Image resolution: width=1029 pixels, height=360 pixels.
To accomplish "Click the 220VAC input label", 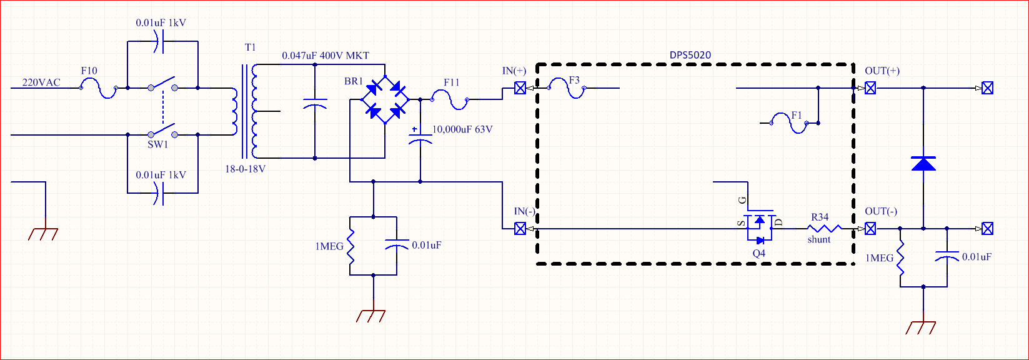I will tap(41, 82).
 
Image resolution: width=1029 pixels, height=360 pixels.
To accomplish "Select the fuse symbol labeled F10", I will tap(99, 89).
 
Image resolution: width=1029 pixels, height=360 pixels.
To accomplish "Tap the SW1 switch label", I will tap(158, 144).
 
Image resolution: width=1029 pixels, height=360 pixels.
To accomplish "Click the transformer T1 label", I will tap(250, 47).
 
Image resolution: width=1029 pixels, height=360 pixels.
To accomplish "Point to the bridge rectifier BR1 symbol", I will tap(385, 99).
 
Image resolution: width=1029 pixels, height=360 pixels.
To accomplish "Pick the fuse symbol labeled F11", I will tap(451, 99).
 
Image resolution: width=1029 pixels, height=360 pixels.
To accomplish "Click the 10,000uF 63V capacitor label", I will tap(462, 130).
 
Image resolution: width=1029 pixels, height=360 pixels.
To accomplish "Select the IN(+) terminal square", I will tap(520, 89).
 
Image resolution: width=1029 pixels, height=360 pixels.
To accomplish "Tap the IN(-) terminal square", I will tap(520, 229).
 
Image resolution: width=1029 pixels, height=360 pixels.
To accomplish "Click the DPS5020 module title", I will tap(690, 56).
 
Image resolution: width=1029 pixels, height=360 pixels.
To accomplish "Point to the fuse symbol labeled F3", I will tap(567, 89).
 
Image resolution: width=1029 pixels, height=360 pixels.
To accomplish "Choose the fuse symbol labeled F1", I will tap(789, 122).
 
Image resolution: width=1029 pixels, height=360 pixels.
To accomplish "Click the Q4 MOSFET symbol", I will tap(759, 227).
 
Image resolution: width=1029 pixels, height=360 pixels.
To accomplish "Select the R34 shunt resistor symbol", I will tap(825, 229).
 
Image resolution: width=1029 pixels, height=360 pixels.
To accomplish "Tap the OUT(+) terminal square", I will tap(870, 89).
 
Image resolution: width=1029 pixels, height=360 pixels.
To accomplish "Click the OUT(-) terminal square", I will tap(870, 229).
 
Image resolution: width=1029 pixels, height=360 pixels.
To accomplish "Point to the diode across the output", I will tap(923, 164).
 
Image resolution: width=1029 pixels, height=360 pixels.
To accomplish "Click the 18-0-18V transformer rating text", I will tap(246, 169).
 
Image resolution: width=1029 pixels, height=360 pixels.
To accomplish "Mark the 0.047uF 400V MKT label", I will tap(326, 56).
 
